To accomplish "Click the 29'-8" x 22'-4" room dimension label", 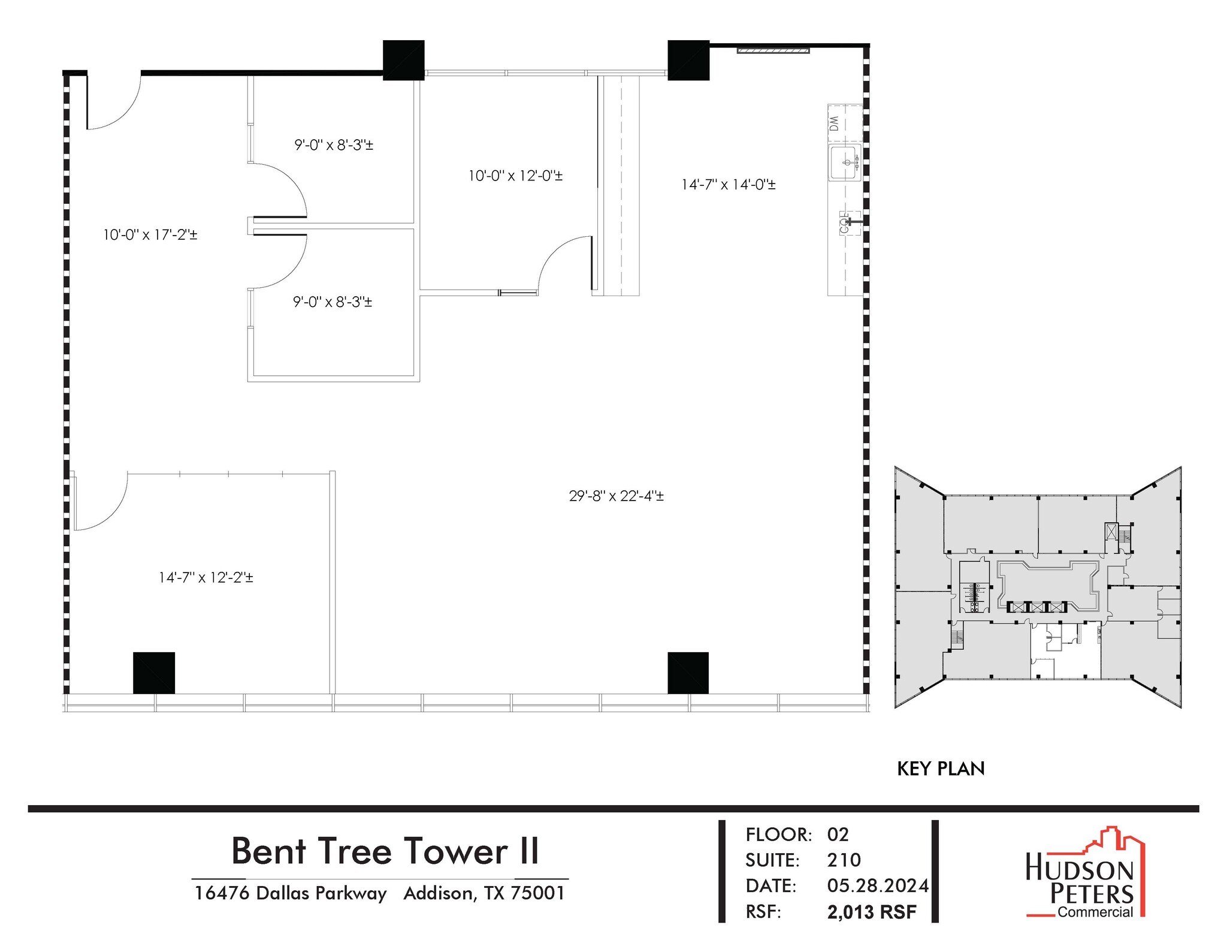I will point(616,496).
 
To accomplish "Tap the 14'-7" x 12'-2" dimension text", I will point(205,577).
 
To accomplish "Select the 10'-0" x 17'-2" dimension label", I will point(150,234).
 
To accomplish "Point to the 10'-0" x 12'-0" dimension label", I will point(515,176).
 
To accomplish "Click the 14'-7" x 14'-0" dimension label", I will point(728,184).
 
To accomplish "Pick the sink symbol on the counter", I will point(845,162).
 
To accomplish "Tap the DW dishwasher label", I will point(834,124).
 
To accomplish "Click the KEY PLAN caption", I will point(941,769).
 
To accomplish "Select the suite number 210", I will point(844,860).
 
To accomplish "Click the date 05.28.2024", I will point(878,885).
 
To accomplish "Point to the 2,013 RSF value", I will point(872,912).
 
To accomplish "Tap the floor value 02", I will point(838,834).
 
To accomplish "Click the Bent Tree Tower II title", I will point(385,851).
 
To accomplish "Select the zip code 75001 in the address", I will point(537,893).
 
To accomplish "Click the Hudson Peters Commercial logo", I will point(1084,881).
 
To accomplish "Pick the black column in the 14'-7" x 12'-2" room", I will point(154,673).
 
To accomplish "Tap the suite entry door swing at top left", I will point(114,102).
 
